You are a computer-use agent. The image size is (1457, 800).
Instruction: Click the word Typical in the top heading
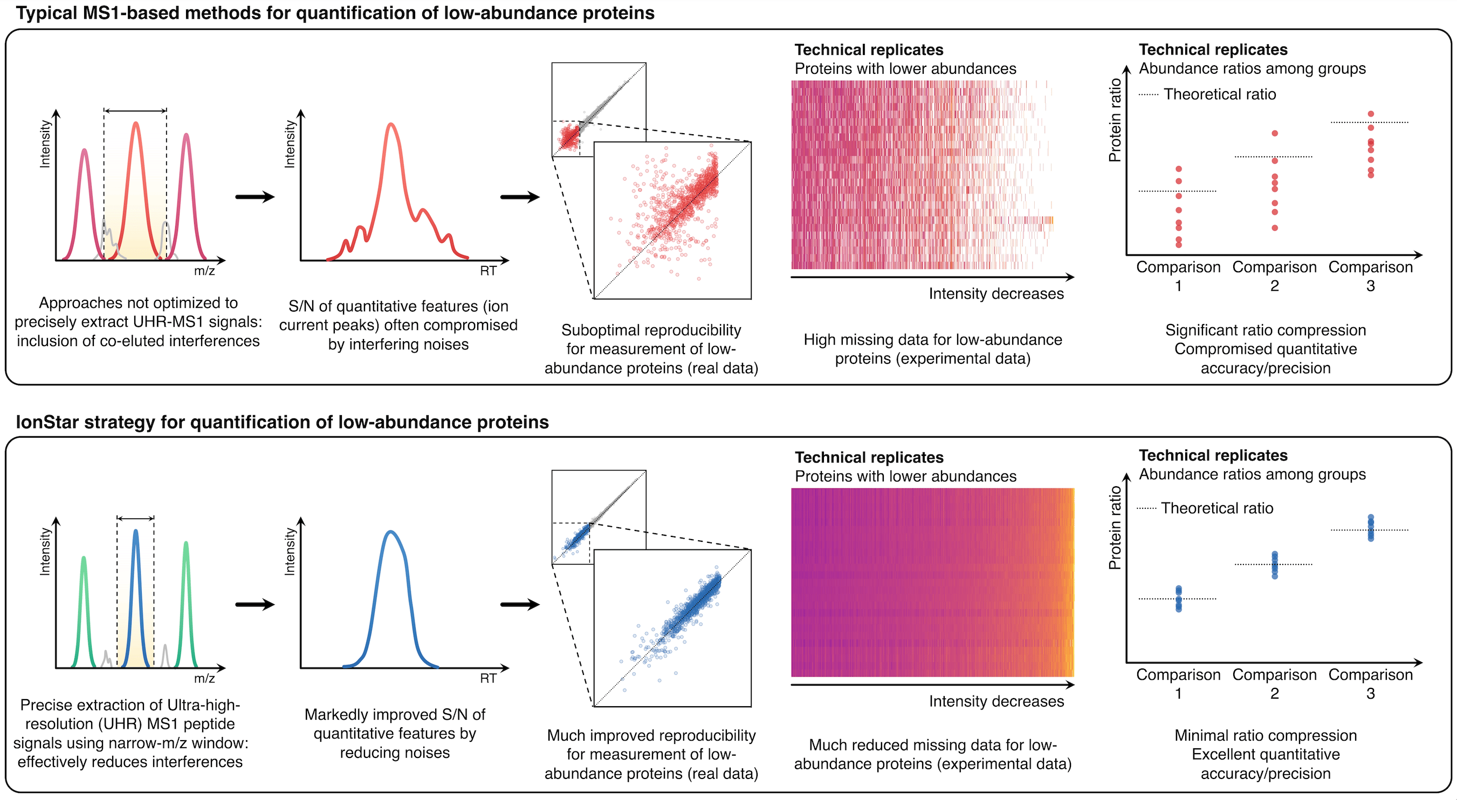click(x=46, y=13)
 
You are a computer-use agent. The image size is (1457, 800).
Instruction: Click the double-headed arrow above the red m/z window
click(x=135, y=111)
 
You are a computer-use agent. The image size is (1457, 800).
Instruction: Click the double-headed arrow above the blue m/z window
click(x=136, y=518)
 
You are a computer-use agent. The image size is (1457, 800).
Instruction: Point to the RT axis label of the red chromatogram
click(x=487, y=271)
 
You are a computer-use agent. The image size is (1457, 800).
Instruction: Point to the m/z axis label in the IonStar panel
click(x=204, y=679)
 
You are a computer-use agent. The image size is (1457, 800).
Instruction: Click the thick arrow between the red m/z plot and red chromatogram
click(x=255, y=197)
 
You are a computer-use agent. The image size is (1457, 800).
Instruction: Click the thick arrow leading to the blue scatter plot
click(x=520, y=604)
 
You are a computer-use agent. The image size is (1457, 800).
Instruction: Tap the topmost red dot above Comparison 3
click(x=1371, y=114)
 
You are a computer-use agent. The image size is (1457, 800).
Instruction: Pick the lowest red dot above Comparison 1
click(x=1179, y=245)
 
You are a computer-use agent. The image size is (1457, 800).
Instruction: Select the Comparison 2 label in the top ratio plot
click(x=1274, y=276)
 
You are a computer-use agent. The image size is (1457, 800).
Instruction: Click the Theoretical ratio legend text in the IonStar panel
click(x=1217, y=508)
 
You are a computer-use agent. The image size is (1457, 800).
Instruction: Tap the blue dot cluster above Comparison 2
click(x=1274, y=565)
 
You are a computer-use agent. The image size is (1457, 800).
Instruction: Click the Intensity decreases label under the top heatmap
click(x=996, y=294)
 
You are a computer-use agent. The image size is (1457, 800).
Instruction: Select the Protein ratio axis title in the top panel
click(x=1115, y=120)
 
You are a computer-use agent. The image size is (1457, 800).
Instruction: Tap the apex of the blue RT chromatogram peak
click(x=390, y=532)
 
